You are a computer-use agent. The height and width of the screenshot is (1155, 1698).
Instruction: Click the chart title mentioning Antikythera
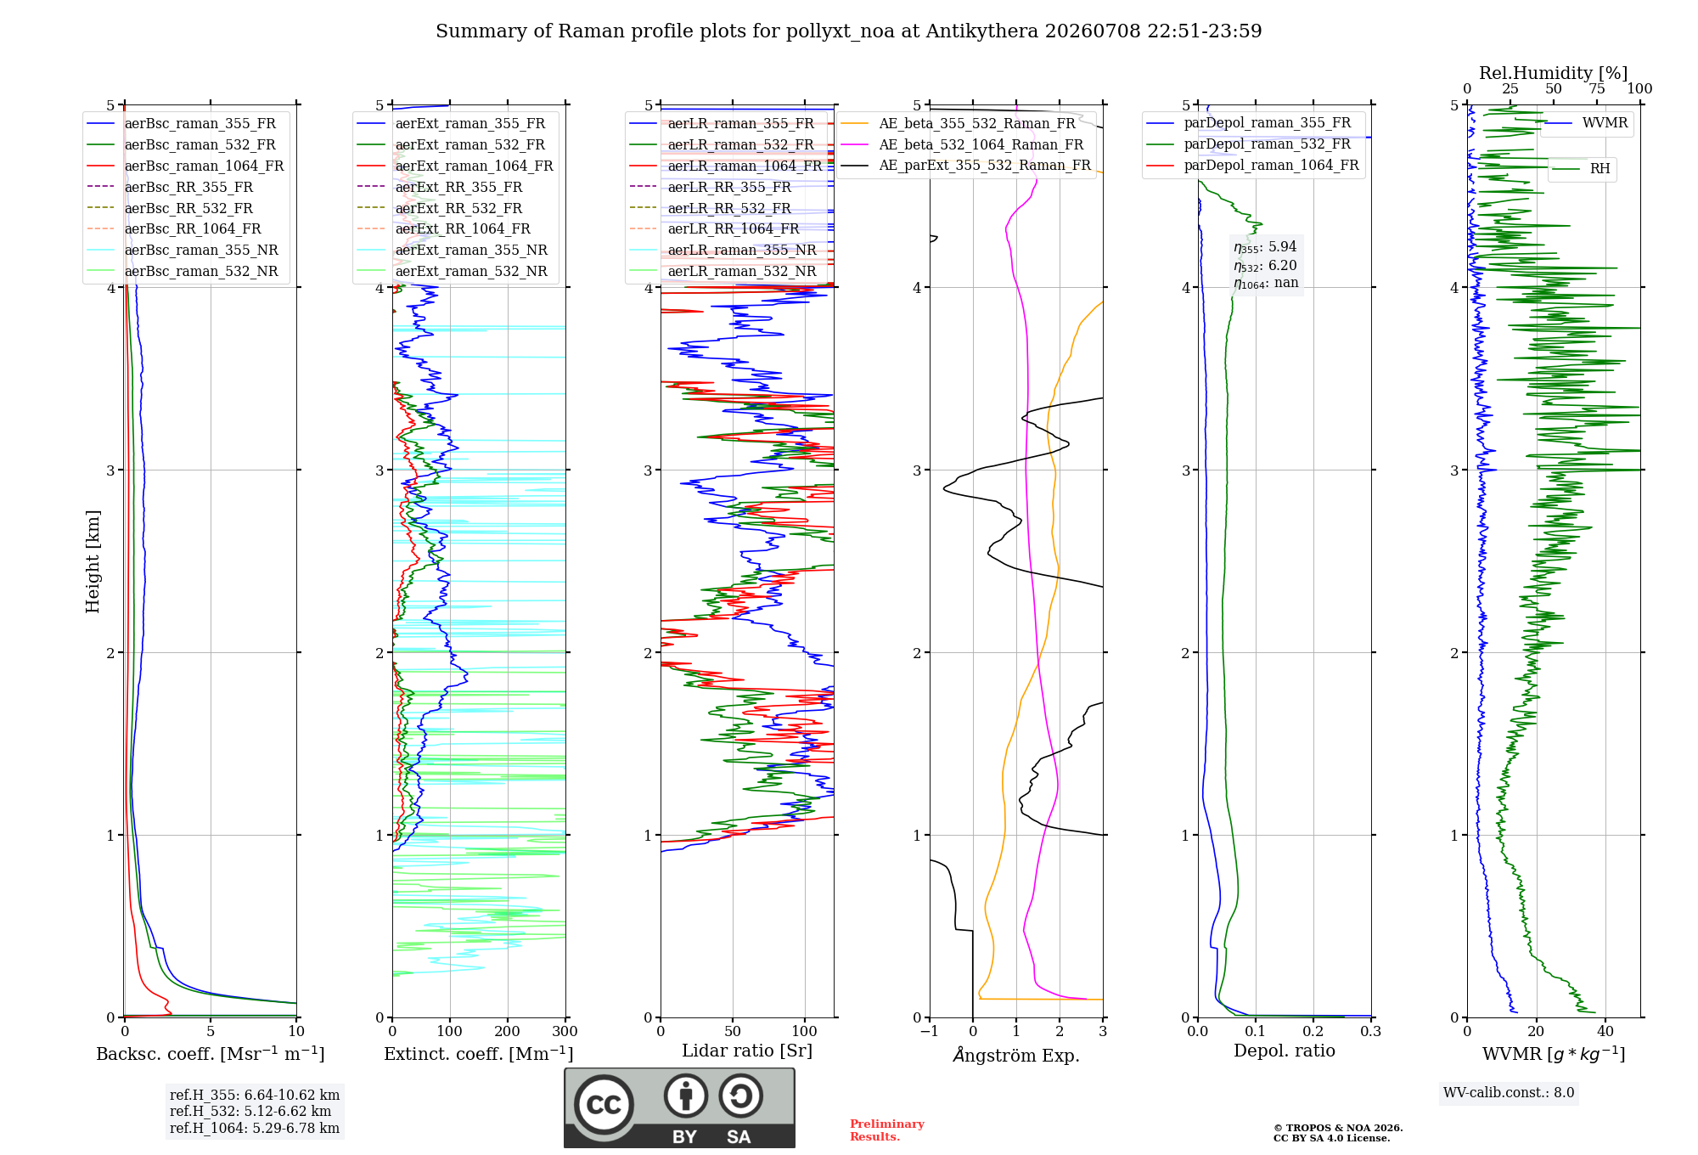coord(848,31)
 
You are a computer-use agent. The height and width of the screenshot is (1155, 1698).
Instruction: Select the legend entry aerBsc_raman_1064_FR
coord(204,166)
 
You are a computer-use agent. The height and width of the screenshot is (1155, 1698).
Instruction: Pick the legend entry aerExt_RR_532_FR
coord(458,208)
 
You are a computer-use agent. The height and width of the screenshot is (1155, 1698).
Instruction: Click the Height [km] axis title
coord(93,561)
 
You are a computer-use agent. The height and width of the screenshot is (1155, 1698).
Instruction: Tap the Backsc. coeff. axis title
coord(211,1054)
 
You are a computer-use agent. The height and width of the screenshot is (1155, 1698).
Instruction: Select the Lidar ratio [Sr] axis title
coord(747,1051)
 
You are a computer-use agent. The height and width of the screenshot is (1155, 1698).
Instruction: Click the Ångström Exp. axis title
coord(1016,1055)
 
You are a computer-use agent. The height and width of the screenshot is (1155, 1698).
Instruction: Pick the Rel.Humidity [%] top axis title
coord(1553,73)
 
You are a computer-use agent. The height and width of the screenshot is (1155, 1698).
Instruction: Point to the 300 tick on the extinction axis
coord(565,1032)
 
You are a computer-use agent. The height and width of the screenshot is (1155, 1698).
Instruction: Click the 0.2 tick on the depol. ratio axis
coord(1313,1032)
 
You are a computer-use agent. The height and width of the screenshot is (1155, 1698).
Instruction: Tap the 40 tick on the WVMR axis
coord(1605,1032)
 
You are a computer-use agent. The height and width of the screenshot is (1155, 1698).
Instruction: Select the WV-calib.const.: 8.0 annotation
coord(1509,1093)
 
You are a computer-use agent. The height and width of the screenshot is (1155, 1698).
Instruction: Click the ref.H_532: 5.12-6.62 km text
coord(250,1112)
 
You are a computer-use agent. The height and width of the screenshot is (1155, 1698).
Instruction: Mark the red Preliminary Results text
coord(887,1130)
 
